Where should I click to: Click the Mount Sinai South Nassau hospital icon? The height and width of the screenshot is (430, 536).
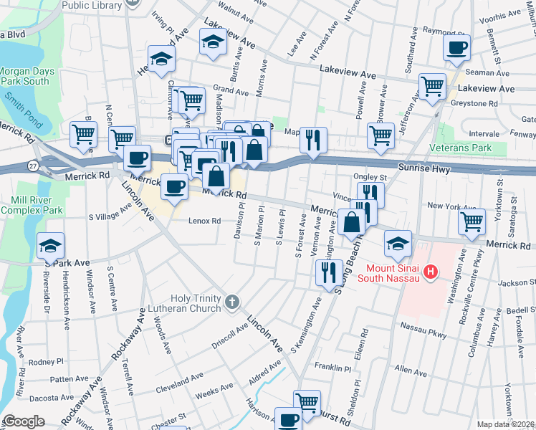point(431,272)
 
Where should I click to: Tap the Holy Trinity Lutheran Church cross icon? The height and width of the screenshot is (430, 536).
point(231,303)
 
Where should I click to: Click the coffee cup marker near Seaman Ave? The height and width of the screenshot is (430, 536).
point(456,48)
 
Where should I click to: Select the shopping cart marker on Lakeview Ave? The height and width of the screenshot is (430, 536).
point(433,86)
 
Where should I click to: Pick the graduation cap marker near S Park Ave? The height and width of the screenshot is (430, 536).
point(50,246)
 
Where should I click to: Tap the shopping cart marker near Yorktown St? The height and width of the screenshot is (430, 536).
point(472,222)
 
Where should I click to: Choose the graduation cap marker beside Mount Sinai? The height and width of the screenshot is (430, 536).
point(398,244)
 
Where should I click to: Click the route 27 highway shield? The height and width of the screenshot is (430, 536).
point(34,166)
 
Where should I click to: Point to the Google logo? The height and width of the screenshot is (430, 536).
point(24,421)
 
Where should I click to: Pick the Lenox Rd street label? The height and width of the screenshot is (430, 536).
point(205,221)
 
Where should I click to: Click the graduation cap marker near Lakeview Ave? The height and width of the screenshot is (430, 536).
point(213,44)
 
